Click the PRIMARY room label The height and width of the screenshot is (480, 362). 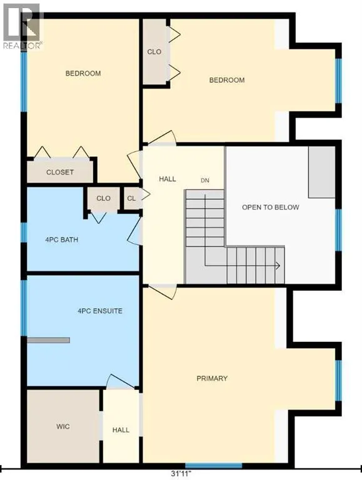212,378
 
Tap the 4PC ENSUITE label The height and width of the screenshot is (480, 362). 100,311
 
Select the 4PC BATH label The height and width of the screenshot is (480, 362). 61,240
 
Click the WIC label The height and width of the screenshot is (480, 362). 63,426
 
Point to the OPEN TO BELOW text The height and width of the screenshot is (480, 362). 271,207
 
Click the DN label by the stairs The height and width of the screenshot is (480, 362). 205,181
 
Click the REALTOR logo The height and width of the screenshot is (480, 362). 21,26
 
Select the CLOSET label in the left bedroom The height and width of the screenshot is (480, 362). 60,172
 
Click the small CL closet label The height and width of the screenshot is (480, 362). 131,198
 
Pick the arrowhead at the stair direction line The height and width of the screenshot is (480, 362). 278,266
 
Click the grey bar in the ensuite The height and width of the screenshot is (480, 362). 48,340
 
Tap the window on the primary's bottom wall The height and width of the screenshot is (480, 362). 213,466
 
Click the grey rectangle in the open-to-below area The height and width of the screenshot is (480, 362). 321,172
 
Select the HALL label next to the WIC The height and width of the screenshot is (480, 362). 121,430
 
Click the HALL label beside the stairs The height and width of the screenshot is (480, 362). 167,179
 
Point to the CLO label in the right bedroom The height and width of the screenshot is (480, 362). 154,52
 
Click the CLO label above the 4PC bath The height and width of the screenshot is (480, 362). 103,198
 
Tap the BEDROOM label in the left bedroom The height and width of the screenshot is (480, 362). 83,74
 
